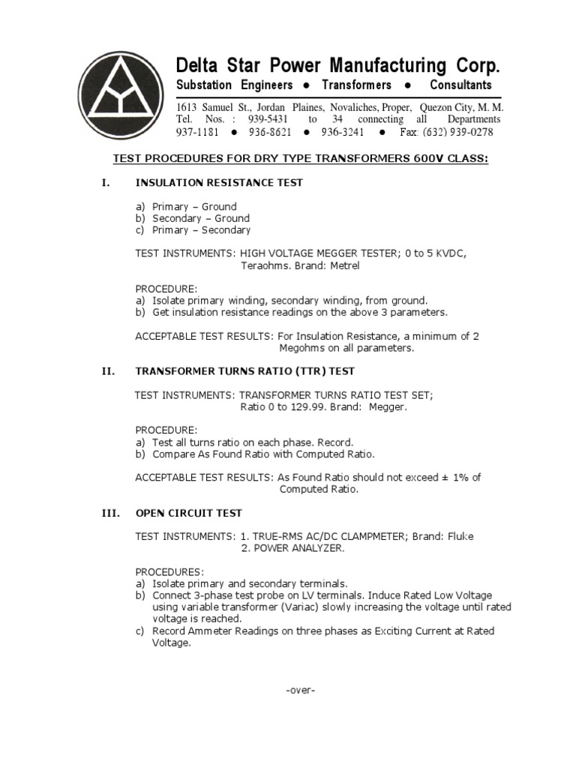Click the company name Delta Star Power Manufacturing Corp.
click(x=337, y=64)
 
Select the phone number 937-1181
click(x=196, y=132)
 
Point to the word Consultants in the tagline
click(x=460, y=85)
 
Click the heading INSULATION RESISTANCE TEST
click(x=219, y=182)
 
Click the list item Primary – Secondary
click(x=201, y=230)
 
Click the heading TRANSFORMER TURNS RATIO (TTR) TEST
click(x=244, y=371)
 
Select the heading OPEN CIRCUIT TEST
click(x=188, y=513)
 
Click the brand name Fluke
click(x=458, y=536)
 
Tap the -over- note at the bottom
click(x=301, y=690)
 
